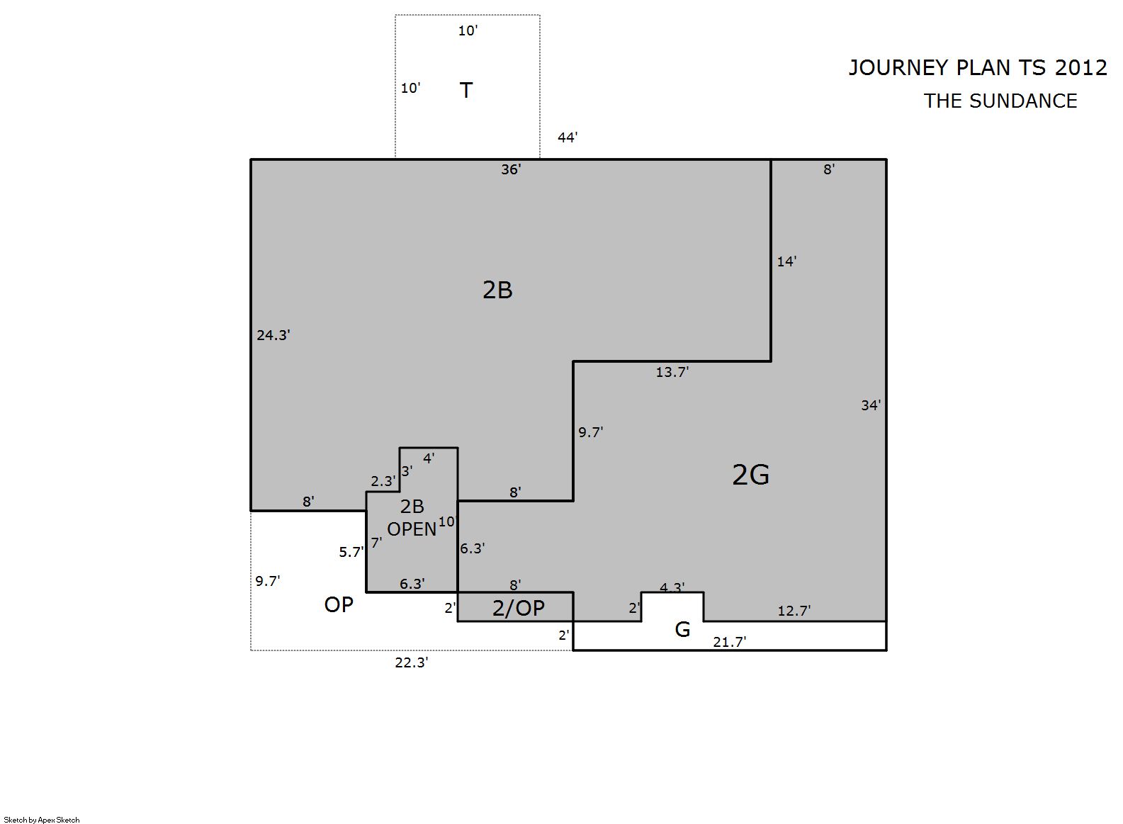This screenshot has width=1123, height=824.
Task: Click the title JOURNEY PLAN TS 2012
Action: (x=977, y=68)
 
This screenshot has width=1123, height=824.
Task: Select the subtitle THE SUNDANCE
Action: (x=1000, y=101)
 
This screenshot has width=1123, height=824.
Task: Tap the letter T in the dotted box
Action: (x=466, y=90)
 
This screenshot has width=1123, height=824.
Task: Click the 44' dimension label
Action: (x=568, y=137)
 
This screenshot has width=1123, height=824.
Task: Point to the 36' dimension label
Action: (x=511, y=169)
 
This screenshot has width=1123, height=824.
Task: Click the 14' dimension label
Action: (x=786, y=261)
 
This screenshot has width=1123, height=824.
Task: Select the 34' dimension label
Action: (x=871, y=405)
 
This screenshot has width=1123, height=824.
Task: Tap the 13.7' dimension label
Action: (x=672, y=372)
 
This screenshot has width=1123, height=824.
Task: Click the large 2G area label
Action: (x=750, y=475)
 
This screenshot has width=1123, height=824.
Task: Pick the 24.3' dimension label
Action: (x=273, y=335)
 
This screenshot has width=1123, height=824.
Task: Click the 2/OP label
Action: (x=519, y=608)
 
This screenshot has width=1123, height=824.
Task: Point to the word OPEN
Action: (x=412, y=529)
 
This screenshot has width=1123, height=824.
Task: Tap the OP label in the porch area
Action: (x=339, y=605)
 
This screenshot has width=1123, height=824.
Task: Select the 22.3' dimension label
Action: (x=411, y=662)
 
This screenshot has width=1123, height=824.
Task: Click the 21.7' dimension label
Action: (x=730, y=641)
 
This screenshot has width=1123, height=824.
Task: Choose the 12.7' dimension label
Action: (x=794, y=611)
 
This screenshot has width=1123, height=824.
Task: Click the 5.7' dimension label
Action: (x=351, y=552)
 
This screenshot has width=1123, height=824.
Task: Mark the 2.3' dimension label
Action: (x=383, y=481)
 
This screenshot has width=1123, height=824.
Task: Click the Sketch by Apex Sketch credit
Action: (x=42, y=820)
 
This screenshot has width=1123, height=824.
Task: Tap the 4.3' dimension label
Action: (x=672, y=587)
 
